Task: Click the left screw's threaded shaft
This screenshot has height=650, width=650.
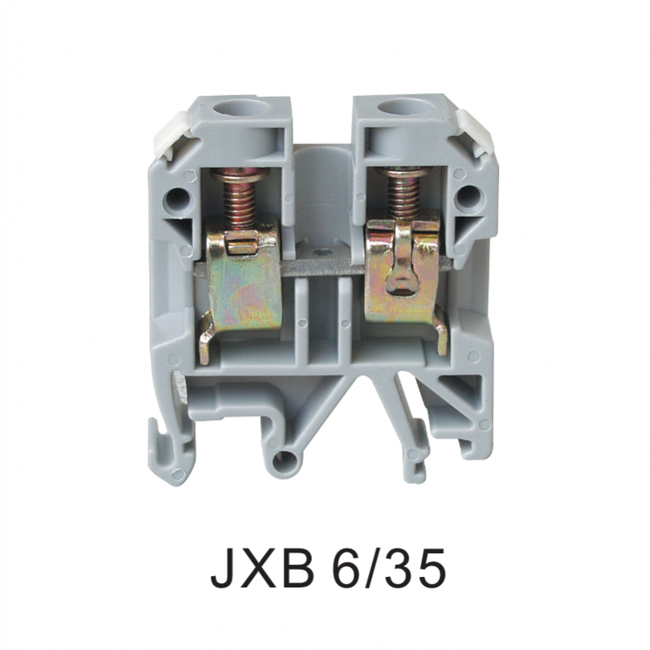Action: coord(239,204)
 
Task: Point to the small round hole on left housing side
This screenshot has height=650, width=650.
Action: coord(176,199)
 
